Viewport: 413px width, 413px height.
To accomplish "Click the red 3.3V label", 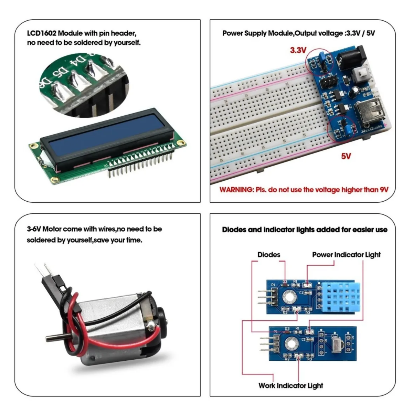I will [x=298, y=50].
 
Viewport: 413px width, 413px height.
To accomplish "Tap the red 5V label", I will [x=346, y=156].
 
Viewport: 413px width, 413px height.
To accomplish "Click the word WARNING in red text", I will [x=236, y=190].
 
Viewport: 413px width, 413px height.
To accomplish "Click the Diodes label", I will [x=269, y=255].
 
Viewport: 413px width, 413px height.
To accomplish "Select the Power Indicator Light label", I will [x=346, y=255].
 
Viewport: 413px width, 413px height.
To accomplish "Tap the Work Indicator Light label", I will [x=291, y=385].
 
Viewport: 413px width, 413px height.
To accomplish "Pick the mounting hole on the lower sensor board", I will [x=291, y=343].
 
